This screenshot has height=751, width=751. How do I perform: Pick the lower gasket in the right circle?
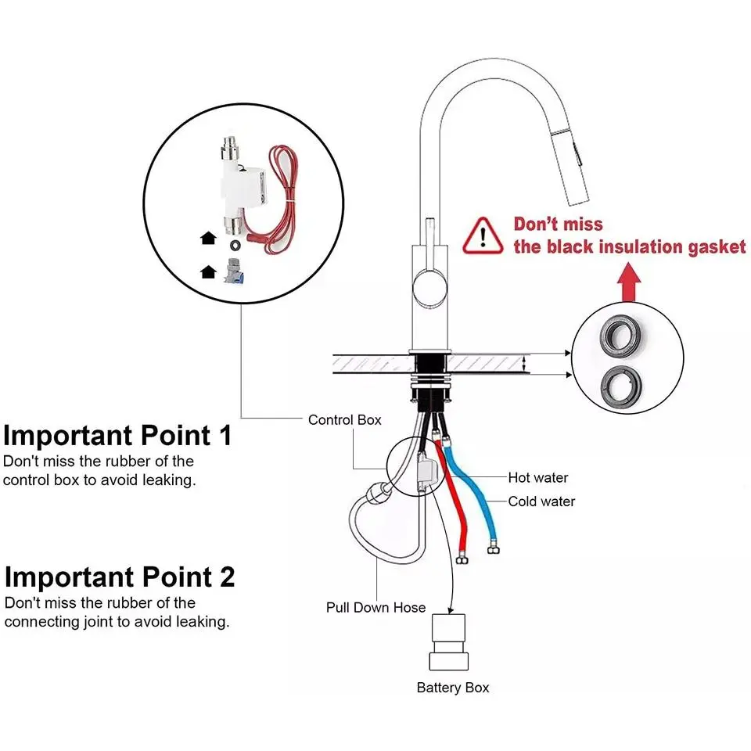[x=623, y=386]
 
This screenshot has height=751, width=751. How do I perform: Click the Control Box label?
[x=345, y=420]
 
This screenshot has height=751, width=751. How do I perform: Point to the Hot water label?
[x=538, y=477]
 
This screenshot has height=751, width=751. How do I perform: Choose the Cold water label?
[x=541, y=501]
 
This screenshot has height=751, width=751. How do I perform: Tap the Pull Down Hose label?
[x=375, y=607]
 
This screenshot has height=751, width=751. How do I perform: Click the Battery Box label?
[x=452, y=688]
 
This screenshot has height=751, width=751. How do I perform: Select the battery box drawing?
[x=449, y=641]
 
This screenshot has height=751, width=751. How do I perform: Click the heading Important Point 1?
[x=117, y=435]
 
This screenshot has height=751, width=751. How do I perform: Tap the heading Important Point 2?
[x=119, y=577]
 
